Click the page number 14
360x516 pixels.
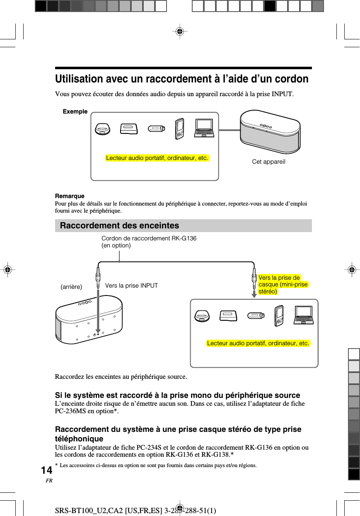click(47, 470)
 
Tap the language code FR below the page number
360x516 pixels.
click(49, 481)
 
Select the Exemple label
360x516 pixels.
click(75, 111)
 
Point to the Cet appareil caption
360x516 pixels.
click(268, 162)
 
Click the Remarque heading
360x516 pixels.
click(70, 196)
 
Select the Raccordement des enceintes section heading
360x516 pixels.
click(119, 225)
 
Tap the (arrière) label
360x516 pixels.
click(71, 286)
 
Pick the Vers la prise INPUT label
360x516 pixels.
click(131, 286)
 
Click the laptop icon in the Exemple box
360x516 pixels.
click(204, 128)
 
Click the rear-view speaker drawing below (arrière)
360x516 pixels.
click(89, 320)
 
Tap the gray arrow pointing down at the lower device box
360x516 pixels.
click(254, 293)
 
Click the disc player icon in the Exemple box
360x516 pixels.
click(102, 129)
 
